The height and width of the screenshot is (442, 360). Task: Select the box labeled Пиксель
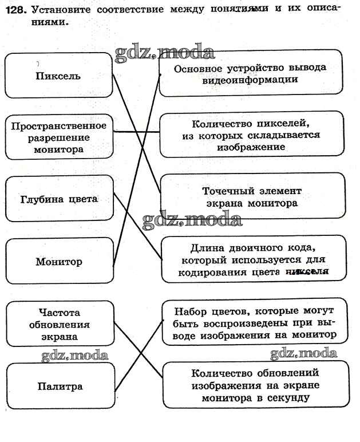coord(58,75)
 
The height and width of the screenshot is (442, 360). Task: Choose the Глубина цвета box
coord(59,199)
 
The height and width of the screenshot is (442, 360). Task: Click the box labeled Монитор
coord(59,262)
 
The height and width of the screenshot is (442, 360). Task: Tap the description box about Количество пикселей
coord(251,135)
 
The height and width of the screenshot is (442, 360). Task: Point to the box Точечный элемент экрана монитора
coord(252,196)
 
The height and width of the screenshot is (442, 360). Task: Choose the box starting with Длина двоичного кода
coord(252,259)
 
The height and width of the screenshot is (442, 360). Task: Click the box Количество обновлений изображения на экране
coord(255,384)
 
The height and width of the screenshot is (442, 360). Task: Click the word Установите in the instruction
coord(58,10)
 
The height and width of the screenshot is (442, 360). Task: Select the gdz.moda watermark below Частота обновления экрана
coord(74,356)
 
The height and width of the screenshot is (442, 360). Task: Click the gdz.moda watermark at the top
coord(164,53)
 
